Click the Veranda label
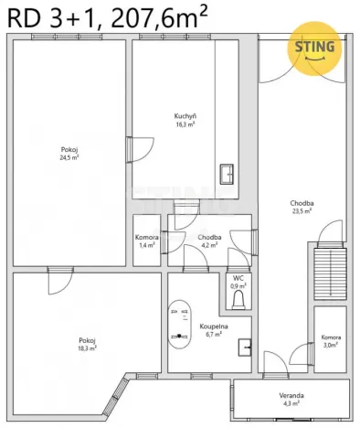click(x=291, y=395)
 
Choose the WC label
click(x=238, y=277)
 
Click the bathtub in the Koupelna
click(x=177, y=323)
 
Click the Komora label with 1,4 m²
click(x=147, y=237)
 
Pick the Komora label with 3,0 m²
click(x=330, y=337)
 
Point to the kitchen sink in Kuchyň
click(x=227, y=173)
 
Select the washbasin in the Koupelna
click(x=244, y=348)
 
